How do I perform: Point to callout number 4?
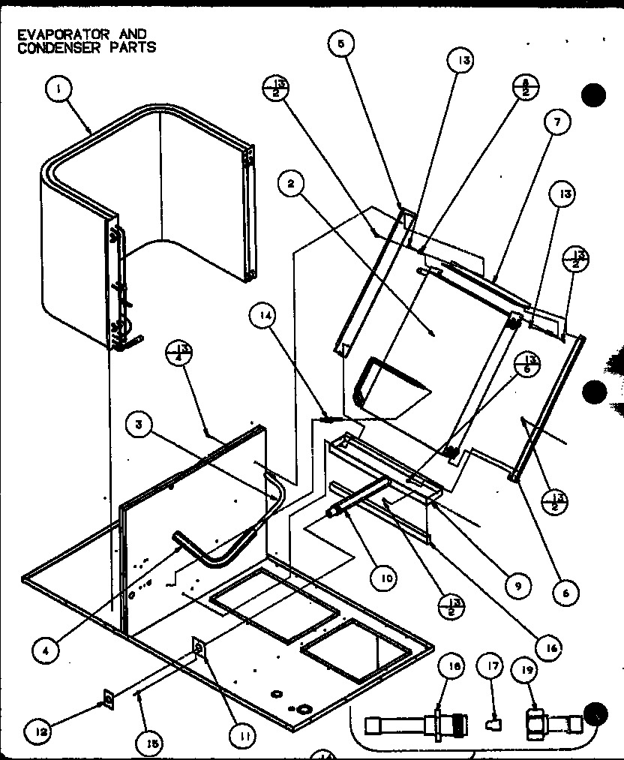[x=46, y=651]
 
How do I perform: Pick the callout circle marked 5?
[x=341, y=44]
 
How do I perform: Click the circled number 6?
[x=564, y=593]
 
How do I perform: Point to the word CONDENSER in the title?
[x=49, y=47]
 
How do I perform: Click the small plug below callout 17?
[x=493, y=725]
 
